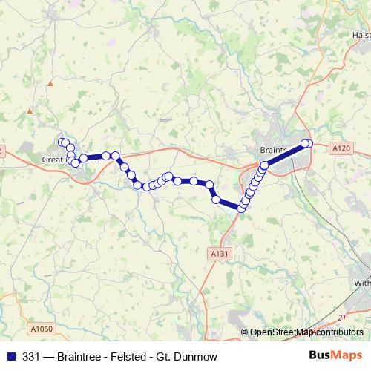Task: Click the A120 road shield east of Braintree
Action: pyautogui.click(x=341, y=148)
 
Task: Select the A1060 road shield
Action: pyautogui.click(x=44, y=328)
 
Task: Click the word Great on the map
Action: pyautogui.click(x=53, y=158)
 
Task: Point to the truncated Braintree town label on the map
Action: pyautogui.click(x=274, y=148)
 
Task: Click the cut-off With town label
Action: pyautogui.click(x=361, y=283)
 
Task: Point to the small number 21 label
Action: pyautogui.click(x=342, y=317)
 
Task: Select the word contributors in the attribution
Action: pyautogui.click(x=341, y=332)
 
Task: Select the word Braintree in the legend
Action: pyautogui.click(x=71, y=355)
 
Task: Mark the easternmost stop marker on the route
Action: pyautogui.click(x=309, y=143)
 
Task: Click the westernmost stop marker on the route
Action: pyautogui.click(x=62, y=142)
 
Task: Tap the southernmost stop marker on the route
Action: pyautogui.click(x=240, y=209)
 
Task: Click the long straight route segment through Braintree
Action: pyautogui.click(x=286, y=154)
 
